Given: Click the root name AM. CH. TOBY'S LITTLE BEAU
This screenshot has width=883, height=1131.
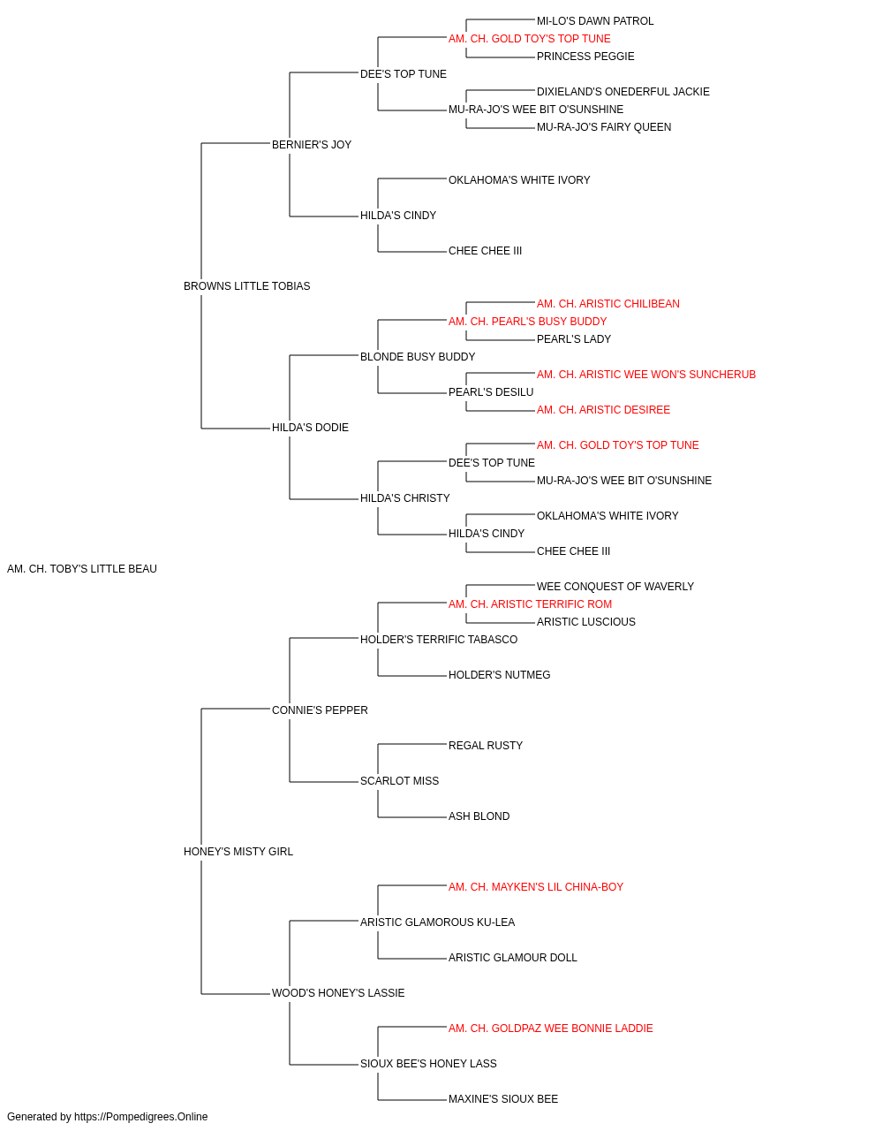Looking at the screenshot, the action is click(81, 569).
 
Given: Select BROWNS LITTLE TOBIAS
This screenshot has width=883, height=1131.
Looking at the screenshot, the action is click(246, 286).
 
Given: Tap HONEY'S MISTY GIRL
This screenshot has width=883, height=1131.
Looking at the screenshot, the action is click(238, 852).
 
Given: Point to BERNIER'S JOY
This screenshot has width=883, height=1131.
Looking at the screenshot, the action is click(312, 145).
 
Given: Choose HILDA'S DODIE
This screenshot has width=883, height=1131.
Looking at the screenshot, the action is click(310, 428).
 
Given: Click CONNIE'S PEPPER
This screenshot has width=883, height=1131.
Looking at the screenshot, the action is click(320, 710).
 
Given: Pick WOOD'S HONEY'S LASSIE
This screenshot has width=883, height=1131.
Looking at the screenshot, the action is click(338, 993).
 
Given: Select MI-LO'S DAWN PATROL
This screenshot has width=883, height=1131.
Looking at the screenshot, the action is click(595, 21).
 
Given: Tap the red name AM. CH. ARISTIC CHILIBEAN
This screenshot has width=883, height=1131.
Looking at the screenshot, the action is click(608, 304).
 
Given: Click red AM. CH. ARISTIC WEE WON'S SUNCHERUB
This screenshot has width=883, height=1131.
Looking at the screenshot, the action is click(645, 375).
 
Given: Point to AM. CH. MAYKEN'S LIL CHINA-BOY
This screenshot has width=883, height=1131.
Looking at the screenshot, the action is click(536, 887).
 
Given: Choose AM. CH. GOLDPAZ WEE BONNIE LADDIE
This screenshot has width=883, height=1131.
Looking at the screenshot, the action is click(550, 1029).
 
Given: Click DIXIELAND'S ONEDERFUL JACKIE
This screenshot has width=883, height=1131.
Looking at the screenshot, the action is click(623, 92).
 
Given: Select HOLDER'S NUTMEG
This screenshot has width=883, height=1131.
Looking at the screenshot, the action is click(499, 675).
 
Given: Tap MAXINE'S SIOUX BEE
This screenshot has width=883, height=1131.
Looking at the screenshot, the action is click(502, 1099).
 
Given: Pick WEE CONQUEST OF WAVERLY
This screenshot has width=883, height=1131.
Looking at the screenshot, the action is click(615, 587).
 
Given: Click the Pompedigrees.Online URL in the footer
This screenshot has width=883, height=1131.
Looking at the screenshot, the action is click(140, 1117).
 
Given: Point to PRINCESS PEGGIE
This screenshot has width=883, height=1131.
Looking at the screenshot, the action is click(585, 57).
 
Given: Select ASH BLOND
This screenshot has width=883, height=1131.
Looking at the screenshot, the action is click(479, 816).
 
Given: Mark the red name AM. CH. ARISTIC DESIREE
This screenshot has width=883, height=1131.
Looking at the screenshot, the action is click(603, 410).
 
